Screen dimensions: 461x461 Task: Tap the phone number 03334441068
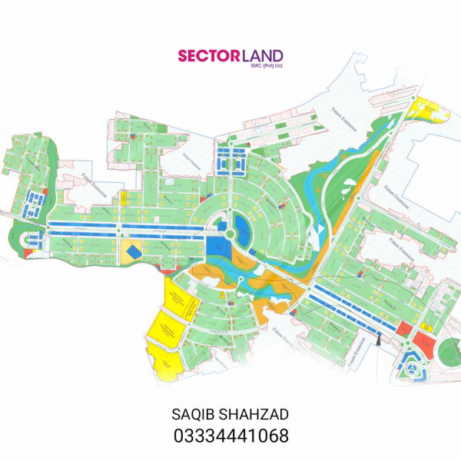(x=230, y=436)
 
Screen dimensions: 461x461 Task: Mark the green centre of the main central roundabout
(x=228, y=230)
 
